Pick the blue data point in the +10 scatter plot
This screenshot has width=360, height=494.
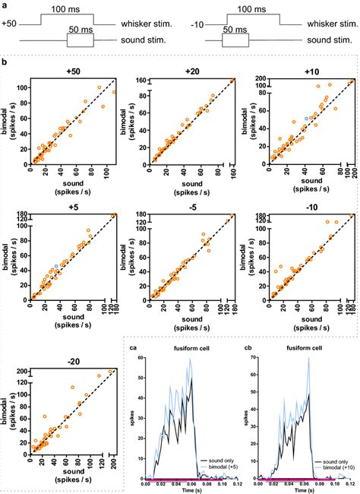[x=307, y=119]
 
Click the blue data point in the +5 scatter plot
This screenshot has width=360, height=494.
[x=55, y=266]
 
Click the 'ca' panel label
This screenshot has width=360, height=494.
[x=132, y=348]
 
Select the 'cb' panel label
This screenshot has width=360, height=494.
[x=248, y=348]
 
